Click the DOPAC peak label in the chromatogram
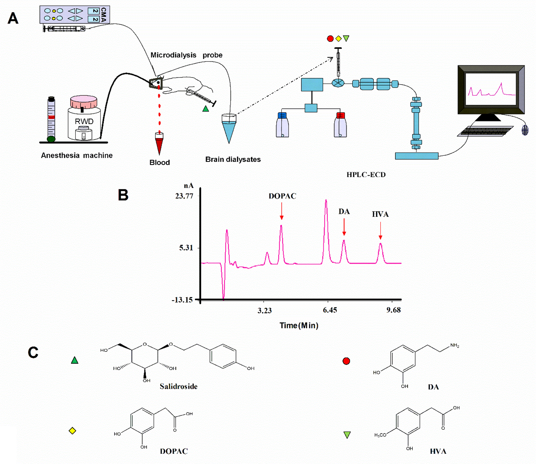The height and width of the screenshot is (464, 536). click(x=282, y=196)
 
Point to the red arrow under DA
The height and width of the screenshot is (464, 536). click(x=344, y=227)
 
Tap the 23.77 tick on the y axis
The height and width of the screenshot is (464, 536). click(x=184, y=196)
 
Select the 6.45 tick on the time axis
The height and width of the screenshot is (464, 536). click(x=330, y=310)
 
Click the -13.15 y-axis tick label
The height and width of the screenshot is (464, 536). click(x=182, y=300)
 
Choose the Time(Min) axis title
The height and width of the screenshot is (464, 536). click(x=299, y=326)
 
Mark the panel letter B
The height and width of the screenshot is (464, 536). click(x=123, y=195)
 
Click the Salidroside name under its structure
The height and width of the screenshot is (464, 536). click(x=178, y=386)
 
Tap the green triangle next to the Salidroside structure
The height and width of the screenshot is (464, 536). click(x=74, y=360)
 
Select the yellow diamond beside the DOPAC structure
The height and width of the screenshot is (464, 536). click(x=72, y=431)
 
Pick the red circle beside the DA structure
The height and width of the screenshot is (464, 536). click(x=346, y=361)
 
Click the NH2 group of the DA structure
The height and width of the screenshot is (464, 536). click(x=454, y=346)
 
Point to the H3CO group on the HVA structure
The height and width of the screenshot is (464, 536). click(x=380, y=435)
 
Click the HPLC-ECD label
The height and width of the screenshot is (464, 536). click(x=366, y=175)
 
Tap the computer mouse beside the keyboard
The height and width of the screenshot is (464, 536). click(x=524, y=130)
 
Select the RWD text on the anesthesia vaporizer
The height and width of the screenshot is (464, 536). click(x=84, y=121)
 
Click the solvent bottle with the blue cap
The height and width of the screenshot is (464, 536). click(x=282, y=125)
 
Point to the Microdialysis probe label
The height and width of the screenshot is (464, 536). click(x=186, y=55)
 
